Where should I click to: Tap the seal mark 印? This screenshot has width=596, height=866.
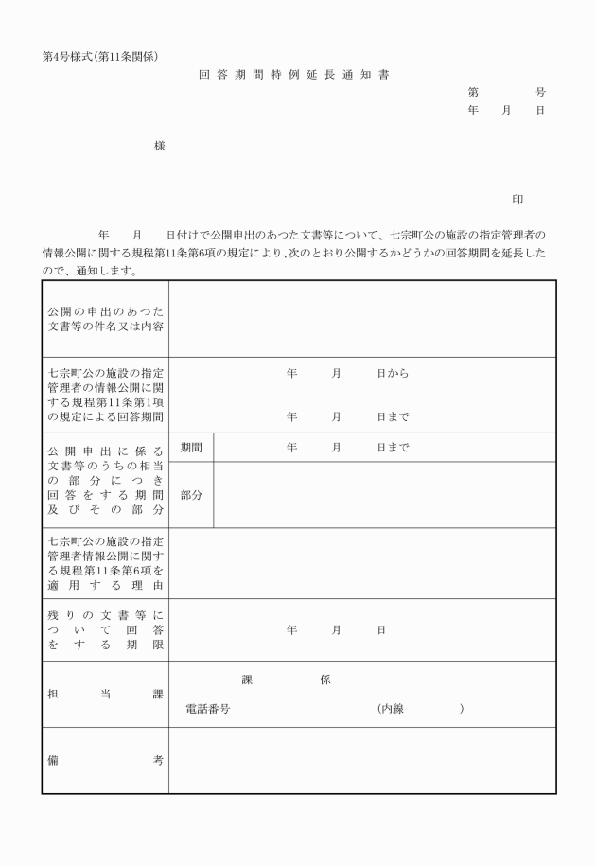pos(517,200)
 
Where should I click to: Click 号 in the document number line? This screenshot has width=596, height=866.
pos(540,92)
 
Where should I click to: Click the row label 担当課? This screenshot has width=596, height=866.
pos(105,694)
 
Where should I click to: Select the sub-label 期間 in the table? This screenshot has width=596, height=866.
pos(191,447)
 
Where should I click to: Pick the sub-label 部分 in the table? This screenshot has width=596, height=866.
pos(191,494)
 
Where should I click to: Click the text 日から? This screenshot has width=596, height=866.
pos(393,374)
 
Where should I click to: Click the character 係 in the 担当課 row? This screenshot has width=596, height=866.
pos(325,680)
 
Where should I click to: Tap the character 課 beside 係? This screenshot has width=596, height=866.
pos(248,680)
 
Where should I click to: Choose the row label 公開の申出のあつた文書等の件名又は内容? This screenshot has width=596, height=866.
pos(105,319)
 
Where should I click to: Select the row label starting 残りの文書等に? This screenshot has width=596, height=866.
pos(105,629)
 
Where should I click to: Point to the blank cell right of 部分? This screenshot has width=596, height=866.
pos(384,494)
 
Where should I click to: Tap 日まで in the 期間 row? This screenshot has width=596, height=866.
pos(393,447)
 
